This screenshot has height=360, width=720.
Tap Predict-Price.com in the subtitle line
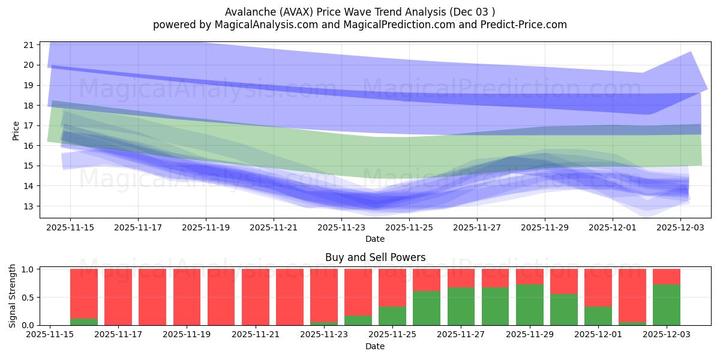[x=520, y=25]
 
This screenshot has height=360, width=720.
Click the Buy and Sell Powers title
[x=375, y=257]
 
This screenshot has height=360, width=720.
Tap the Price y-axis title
[x=16, y=130]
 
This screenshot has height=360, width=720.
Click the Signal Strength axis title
[x=13, y=295]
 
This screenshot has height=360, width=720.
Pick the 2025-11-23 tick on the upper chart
[x=341, y=228]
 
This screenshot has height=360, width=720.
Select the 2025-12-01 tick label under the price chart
[x=612, y=228]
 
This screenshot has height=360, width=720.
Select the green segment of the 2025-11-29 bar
[x=529, y=305]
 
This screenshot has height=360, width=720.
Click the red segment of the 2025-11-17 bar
[x=118, y=297]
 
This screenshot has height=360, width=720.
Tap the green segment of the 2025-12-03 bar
[x=667, y=305]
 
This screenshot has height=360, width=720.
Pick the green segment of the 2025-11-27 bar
[x=461, y=306]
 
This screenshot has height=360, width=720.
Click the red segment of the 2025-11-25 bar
[x=392, y=288]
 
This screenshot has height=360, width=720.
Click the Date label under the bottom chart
[x=375, y=346]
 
